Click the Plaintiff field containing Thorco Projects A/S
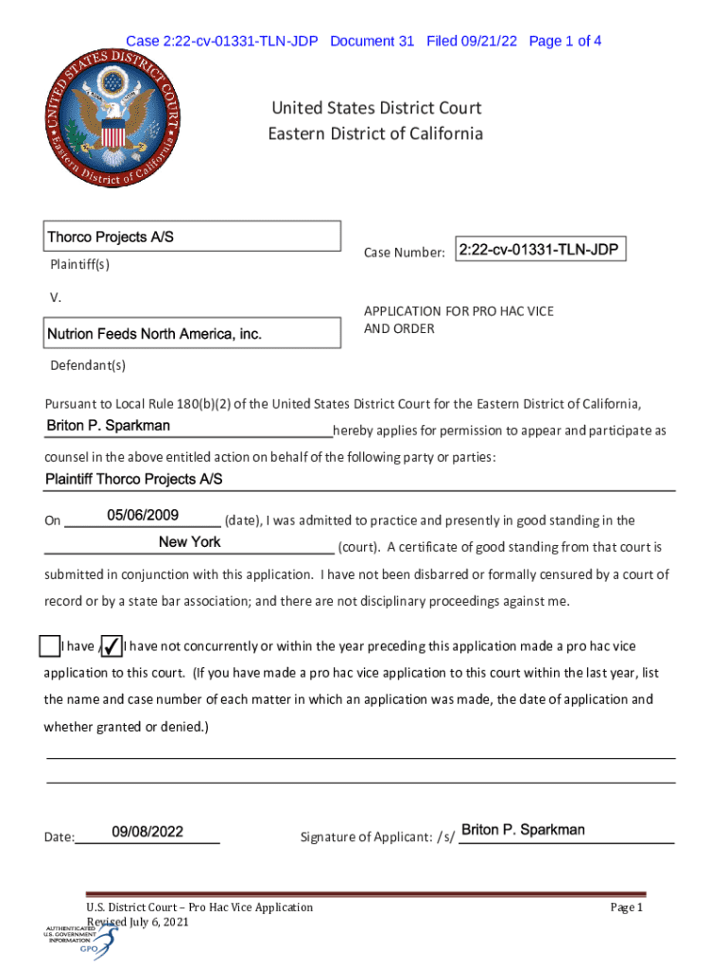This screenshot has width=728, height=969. coord(193,237)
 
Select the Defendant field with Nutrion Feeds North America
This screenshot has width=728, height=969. coord(193,334)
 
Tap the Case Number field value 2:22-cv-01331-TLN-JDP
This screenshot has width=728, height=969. coord(539,250)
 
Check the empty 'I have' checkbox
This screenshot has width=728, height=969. coord(50,646)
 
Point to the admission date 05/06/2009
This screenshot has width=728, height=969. coord(143,516)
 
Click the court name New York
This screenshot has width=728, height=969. coord(190,542)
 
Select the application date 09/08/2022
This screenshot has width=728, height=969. coord(147,832)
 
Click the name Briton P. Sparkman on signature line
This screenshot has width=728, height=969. coord(523,830)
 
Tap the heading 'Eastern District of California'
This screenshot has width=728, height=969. coord(374,133)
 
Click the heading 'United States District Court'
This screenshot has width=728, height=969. coord(376,109)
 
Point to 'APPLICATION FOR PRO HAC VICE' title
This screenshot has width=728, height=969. coord(459,311)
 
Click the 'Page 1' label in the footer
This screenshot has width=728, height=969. coord(626,907)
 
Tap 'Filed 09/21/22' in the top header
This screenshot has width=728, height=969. coord(472,41)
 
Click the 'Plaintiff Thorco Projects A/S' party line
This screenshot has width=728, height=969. coord(134,480)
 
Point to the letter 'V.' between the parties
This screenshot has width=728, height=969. coord(56,298)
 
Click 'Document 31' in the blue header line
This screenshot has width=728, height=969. coord(373,41)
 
